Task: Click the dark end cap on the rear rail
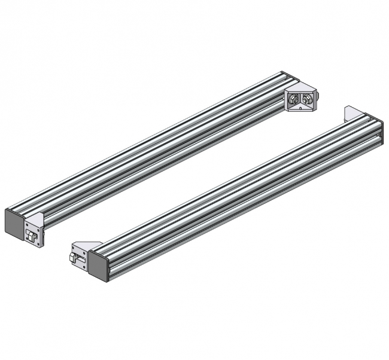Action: point(13,221)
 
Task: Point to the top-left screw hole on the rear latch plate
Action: point(26,225)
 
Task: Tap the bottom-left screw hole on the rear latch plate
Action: point(27,242)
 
